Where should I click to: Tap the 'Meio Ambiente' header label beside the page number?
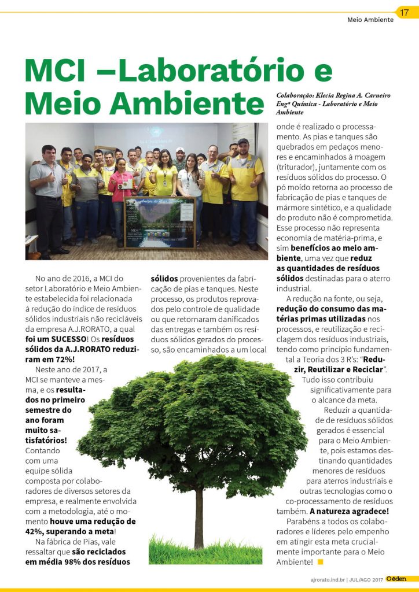pyautogui.click(x=370, y=20)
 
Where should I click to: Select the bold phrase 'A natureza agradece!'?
pyautogui.click(x=350, y=511)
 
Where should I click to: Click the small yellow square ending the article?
pyautogui.click(x=320, y=561)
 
